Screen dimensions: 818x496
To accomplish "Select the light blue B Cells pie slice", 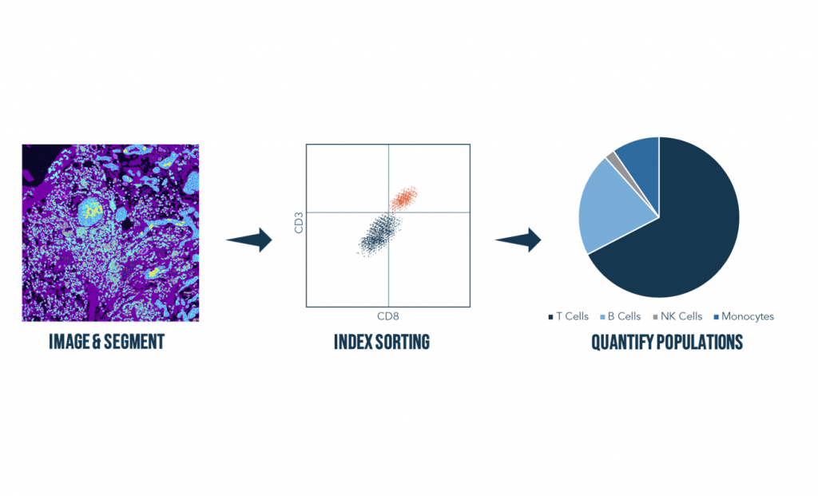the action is pyautogui.click(x=610, y=208).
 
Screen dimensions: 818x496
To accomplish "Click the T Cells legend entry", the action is pyautogui.click(x=568, y=316).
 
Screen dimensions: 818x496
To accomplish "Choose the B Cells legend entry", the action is pyautogui.click(x=620, y=316).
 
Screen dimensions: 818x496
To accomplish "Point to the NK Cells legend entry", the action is pyautogui.click(x=677, y=316).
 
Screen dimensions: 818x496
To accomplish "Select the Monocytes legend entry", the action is pyautogui.click(x=744, y=316).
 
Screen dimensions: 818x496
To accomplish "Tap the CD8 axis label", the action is pyautogui.click(x=387, y=316).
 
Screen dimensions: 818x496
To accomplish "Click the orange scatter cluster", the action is pyautogui.click(x=403, y=198).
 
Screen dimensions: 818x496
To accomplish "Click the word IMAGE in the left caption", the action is pyautogui.click(x=69, y=342).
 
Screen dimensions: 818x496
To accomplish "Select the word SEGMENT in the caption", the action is pyautogui.click(x=134, y=342).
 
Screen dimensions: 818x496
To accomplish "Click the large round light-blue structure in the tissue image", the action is pyautogui.click(x=93, y=211).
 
